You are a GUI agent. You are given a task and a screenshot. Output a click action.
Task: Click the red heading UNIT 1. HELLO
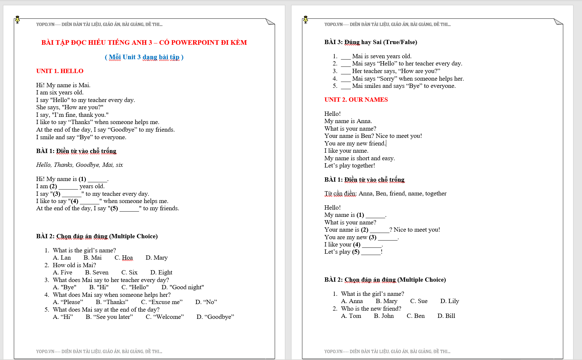click(x=60, y=71)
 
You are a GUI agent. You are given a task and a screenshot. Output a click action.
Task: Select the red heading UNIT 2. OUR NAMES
click(x=356, y=100)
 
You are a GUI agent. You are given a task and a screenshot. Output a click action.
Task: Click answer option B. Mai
click(x=92, y=258)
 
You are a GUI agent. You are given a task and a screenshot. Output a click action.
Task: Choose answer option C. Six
click(x=129, y=272)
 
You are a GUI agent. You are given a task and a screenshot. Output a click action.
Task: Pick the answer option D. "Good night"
click(x=183, y=287)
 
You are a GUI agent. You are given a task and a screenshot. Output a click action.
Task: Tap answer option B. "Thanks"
click(x=112, y=302)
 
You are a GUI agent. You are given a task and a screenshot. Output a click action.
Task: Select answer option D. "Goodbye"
click(x=215, y=317)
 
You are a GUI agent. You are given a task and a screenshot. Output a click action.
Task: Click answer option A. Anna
click(x=352, y=301)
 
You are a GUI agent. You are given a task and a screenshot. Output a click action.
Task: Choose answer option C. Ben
click(x=416, y=316)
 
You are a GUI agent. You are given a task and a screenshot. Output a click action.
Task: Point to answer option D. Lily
click(x=449, y=301)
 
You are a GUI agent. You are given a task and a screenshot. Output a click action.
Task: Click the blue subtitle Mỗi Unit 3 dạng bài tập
click(x=144, y=57)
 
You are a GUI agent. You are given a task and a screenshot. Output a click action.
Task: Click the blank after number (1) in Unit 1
click(x=97, y=179)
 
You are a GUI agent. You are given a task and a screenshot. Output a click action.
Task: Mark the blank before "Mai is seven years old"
click(x=345, y=57)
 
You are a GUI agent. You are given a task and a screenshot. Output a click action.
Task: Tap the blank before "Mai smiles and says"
click(x=345, y=86)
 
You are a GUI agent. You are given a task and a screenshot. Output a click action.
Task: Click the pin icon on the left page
click(x=17, y=20)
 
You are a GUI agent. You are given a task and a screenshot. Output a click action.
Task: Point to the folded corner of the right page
click(x=558, y=22)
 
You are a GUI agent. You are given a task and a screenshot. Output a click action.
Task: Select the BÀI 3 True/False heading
click(x=370, y=42)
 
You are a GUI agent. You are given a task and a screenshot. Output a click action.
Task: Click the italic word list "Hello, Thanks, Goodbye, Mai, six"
click(x=79, y=165)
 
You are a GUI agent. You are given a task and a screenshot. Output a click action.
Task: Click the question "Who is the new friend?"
click(x=371, y=309)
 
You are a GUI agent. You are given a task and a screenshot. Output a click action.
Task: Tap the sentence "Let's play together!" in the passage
click(x=349, y=166)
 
